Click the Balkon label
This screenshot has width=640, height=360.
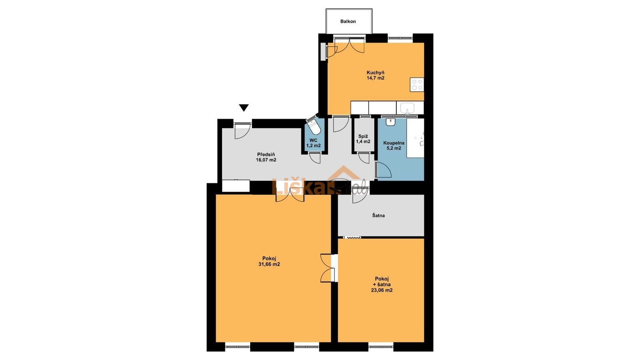tap(348, 22)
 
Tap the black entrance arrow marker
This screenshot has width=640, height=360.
tap(244, 108)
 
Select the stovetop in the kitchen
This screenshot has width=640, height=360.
tap(417, 84)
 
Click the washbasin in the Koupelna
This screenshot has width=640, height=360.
tap(390, 122)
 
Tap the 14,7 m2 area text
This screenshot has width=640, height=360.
tap(376, 78)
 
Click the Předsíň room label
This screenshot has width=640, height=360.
tap(266, 154)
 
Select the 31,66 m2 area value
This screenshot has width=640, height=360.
tap(269, 264)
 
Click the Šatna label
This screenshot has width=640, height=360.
tap(378, 216)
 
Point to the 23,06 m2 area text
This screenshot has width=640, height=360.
tap(382, 290)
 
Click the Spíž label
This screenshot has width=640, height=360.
tap(363, 136)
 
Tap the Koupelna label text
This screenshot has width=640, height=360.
tap(394, 143)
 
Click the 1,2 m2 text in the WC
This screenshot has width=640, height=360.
tap(314, 146)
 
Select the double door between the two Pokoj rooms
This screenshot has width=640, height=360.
tap(328, 268)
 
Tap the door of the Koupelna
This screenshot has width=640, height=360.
tap(384, 170)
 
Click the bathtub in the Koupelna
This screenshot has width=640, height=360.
tap(416, 138)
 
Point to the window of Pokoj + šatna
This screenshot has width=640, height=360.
tap(380, 346)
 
